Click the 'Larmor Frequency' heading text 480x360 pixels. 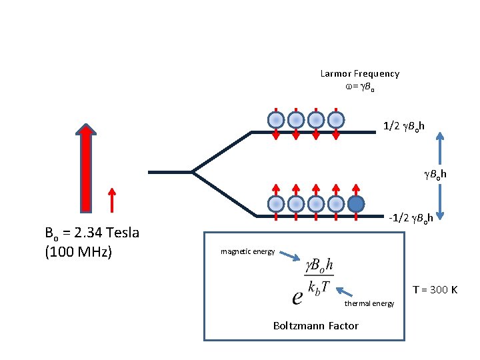coord(359,74)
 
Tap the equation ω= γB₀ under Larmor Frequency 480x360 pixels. coord(359,87)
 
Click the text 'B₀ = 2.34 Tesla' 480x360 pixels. coord(91,233)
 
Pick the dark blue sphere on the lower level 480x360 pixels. coord(357,203)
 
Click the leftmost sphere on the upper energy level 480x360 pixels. coord(276,120)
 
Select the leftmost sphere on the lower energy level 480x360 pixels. coord(276,203)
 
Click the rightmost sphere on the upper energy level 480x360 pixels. coord(337,120)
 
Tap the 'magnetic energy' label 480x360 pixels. coord(247,251)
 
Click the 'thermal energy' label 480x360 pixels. coord(369,304)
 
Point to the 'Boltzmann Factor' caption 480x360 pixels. coord(315,326)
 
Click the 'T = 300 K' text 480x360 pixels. coord(435,290)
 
